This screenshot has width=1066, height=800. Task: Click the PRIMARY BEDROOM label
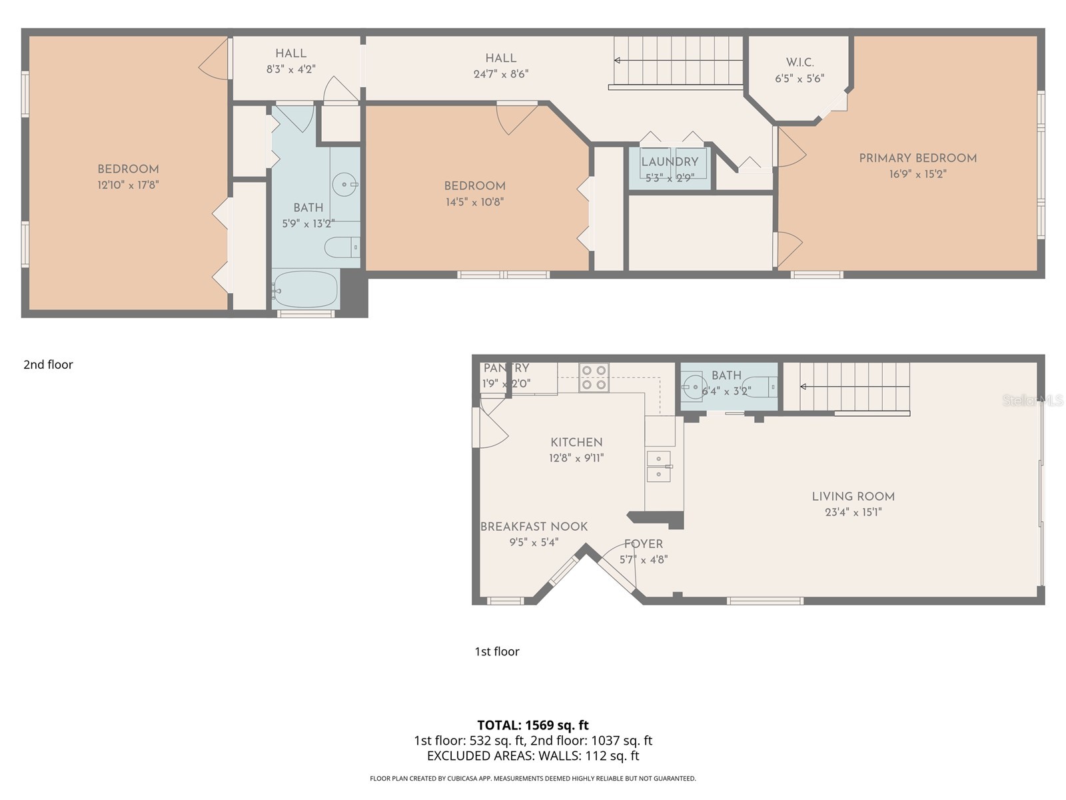tap(917, 158)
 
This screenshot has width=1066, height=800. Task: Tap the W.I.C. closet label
tap(799, 63)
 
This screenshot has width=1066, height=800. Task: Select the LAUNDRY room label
tap(670, 162)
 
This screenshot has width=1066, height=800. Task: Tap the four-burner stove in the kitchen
tap(594, 377)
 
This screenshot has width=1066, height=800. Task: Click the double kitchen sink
tap(659, 466)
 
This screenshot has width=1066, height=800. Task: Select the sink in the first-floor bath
tap(694, 385)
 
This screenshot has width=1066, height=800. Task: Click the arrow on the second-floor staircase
tap(618, 61)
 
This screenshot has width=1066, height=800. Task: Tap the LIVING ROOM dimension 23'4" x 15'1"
tap(853, 513)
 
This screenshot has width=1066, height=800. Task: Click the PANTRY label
tap(506, 368)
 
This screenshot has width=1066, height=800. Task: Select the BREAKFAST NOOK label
tap(534, 527)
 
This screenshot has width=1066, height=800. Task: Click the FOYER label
tap(643, 544)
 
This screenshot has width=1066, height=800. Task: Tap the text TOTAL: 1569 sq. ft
tap(533, 725)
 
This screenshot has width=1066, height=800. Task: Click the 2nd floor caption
tap(48, 365)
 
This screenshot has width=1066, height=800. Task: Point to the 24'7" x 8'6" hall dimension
tap(500, 74)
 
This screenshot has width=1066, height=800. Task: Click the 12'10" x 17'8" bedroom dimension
tap(128, 185)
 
